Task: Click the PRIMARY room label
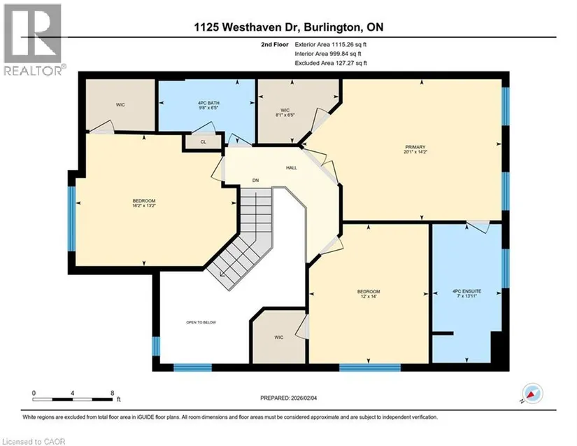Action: click(x=415, y=147)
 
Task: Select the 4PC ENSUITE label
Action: click(x=466, y=291)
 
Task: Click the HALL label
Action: click(x=292, y=168)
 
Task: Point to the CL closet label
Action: click(x=204, y=142)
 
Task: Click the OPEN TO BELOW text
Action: click(x=201, y=322)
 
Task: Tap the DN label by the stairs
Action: click(x=255, y=181)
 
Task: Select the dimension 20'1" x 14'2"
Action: click(x=415, y=152)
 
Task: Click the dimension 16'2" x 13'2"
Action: click(x=144, y=206)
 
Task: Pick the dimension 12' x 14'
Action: click(x=369, y=296)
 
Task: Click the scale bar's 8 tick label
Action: click(x=112, y=393)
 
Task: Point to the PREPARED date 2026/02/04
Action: click(x=304, y=398)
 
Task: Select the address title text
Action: click(x=289, y=27)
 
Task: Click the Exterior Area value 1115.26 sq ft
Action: click(x=349, y=45)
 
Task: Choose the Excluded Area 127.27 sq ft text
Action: click(x=331, y=63)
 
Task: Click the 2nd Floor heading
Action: click(x=275, y=45)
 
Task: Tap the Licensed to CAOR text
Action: click(x=34, y=442)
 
